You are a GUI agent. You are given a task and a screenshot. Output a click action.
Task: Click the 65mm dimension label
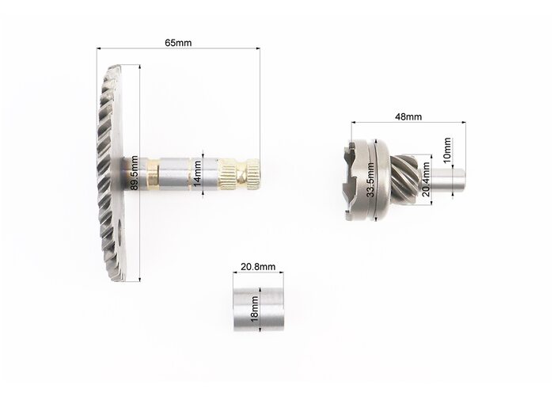(178, 43)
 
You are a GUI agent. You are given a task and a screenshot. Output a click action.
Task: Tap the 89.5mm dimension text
(135, 173)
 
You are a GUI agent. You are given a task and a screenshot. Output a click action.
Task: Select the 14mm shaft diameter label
(197, 173)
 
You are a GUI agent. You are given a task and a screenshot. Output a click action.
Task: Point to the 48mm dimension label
(408, 116)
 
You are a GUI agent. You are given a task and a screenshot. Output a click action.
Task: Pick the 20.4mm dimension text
(426, 179)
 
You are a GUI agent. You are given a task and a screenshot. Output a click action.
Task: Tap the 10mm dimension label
(447, 150)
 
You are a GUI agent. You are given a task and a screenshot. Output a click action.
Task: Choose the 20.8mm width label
(258, 267)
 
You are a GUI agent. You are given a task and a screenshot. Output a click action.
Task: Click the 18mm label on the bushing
(254, 309)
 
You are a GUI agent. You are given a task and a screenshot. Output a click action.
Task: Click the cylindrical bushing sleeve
(259, 310)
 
